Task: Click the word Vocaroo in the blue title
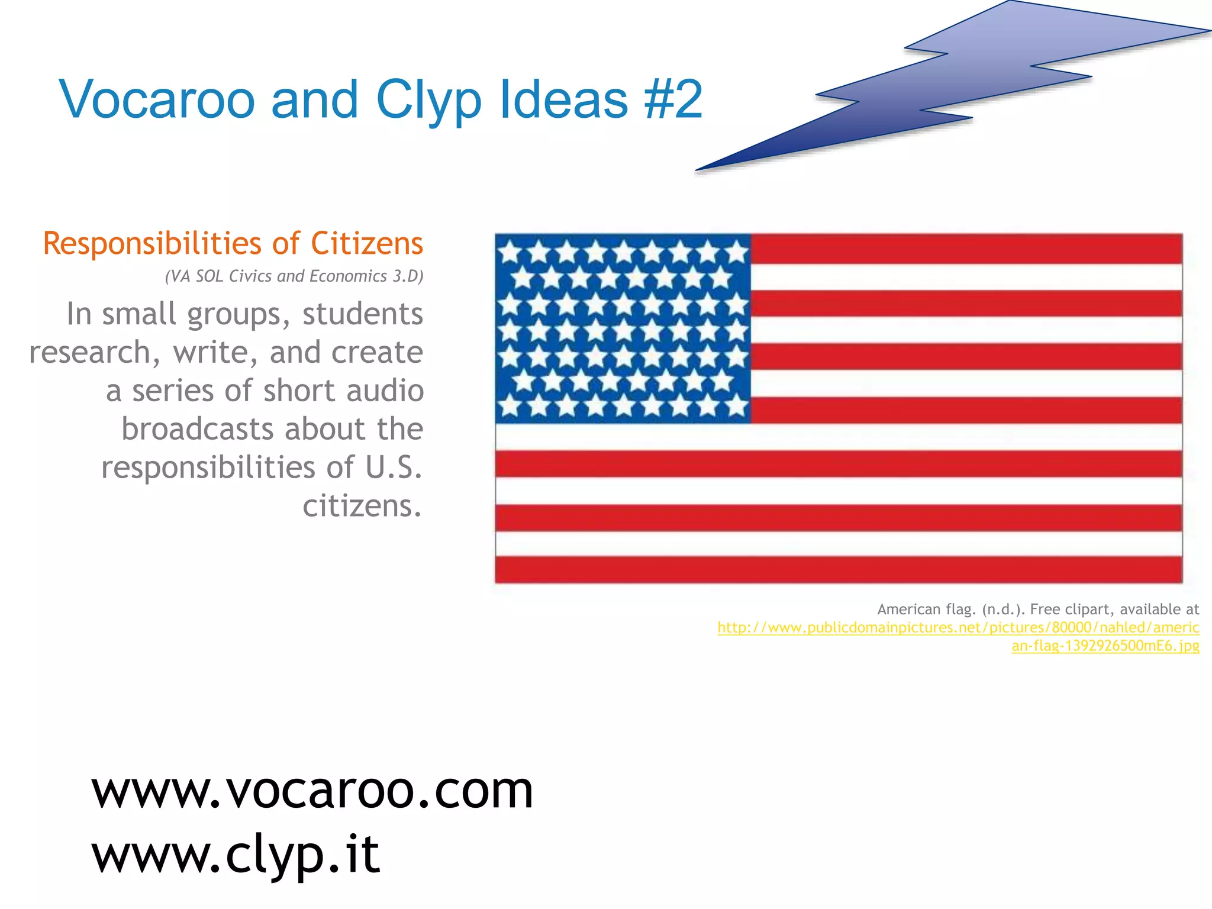coord(157,99)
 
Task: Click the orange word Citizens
coord(367,243)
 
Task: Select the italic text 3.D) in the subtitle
coord(408,276)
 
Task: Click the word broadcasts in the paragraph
coord(197,429)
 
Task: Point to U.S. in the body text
coord(394,468)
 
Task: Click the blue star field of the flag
coord(623,328)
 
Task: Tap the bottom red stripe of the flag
coord(839,569)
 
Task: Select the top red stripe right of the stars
coord(966,249)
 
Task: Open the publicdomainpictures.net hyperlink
coord(958,628)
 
